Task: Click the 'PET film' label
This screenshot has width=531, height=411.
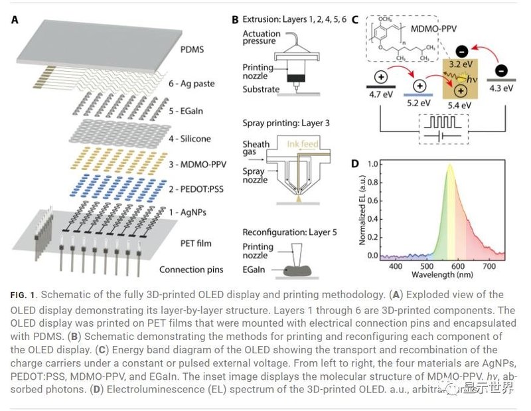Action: point(195,243)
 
